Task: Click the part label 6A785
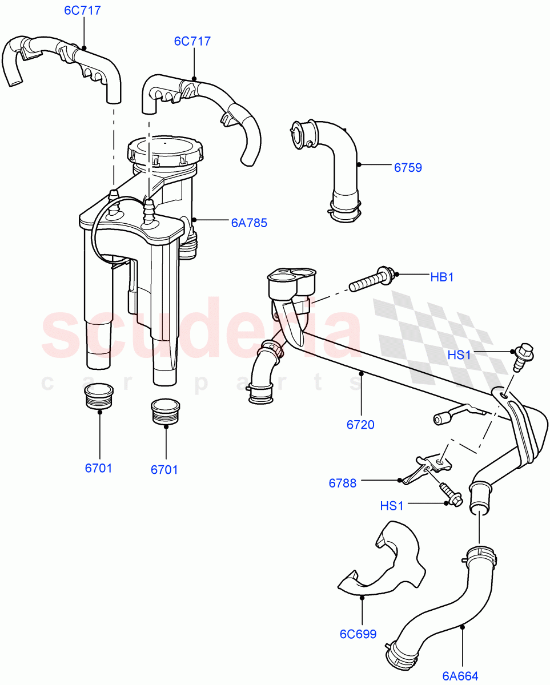[x=249, y=223]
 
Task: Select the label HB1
[x=441, y=277]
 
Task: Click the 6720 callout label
[x=361, y=424]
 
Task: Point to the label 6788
[x=342, y=483]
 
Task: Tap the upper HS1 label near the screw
[x=459, y=355]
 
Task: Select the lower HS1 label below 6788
[x=393, y=506]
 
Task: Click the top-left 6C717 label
[x=84, y=10]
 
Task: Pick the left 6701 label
[x=99, y=468]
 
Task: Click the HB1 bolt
[x=371, y=280]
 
